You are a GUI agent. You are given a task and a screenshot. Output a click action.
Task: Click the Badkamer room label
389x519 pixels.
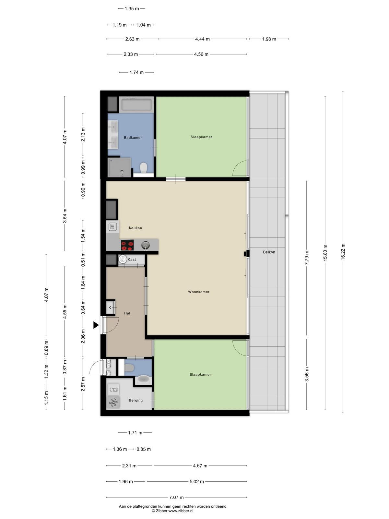[133, 138]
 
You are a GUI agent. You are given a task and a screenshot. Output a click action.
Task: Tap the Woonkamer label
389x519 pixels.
[199, 292]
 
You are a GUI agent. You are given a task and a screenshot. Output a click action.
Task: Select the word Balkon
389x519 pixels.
[269, 252]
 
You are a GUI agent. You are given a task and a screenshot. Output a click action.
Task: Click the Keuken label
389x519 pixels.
[135, 228]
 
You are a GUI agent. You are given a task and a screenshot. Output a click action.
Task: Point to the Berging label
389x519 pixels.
[136, 400]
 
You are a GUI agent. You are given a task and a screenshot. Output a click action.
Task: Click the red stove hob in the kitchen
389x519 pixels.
[127, 245]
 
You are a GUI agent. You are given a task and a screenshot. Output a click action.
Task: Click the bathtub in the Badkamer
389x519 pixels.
[136, 104]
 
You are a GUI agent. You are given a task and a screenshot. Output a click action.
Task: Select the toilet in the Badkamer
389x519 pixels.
[144, 167]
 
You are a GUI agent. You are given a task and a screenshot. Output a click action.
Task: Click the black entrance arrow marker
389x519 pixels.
[96, 325]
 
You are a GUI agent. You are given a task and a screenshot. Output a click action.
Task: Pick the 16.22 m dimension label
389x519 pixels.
[343, 252]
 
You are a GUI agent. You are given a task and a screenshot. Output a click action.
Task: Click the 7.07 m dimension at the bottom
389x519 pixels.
[176, 497]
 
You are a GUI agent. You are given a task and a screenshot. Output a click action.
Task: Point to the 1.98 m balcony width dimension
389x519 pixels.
[269, 39]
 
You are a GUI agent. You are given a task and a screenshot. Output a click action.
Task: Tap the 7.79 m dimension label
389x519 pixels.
[307, 258]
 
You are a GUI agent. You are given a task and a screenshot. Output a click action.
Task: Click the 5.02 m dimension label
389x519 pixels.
[197, 481]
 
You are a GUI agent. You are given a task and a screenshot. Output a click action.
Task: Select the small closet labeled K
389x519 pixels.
[111, 308]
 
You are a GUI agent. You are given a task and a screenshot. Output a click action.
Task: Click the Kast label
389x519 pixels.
[132, 259]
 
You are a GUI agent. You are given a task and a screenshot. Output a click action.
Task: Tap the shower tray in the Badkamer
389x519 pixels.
[119, 167]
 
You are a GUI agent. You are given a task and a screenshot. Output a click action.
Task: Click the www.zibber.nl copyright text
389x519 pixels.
[173, 511]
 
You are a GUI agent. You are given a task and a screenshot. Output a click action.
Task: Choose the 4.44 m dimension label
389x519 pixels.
[202, 39]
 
